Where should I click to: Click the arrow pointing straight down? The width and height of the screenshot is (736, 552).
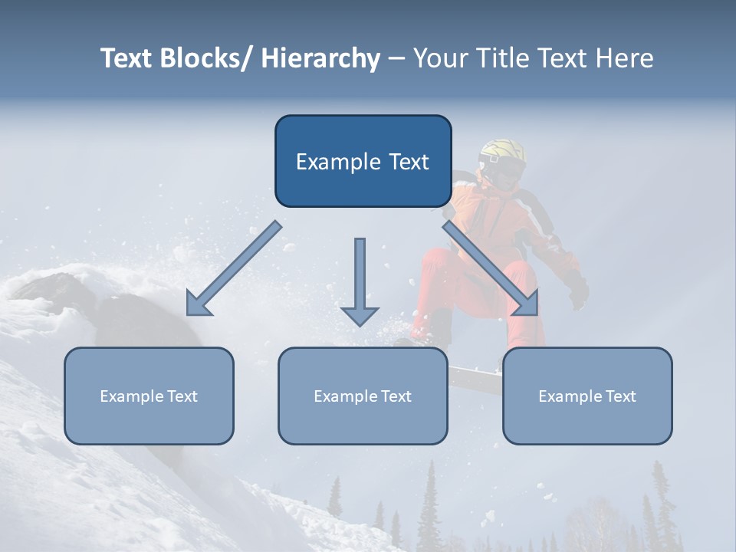[360, 280]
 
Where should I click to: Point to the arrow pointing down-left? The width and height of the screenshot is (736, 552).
[234, 268]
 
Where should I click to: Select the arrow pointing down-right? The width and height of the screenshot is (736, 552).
[491, 268]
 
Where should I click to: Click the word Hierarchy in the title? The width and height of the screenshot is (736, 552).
[320, 58]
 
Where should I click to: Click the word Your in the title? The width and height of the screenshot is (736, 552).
[438, 58]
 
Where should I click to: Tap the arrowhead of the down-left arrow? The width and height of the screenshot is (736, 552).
[198, 305]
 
